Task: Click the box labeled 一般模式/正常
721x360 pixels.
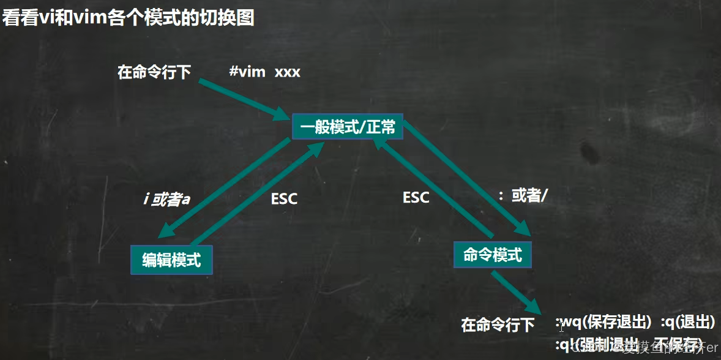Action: (348, 127)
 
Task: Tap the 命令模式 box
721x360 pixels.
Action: (493, 254)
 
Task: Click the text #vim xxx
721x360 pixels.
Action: (264, 72)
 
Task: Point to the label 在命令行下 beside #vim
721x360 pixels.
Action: (154, 72)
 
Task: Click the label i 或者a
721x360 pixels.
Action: (166, 200)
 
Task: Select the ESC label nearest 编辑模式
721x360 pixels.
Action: (284, 199)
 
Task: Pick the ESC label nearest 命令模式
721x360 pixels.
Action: (416, 197)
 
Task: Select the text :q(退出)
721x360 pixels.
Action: (687, 323)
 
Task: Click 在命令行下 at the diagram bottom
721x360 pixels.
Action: (498, 324)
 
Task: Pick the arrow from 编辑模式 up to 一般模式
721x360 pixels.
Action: (257, 193)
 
